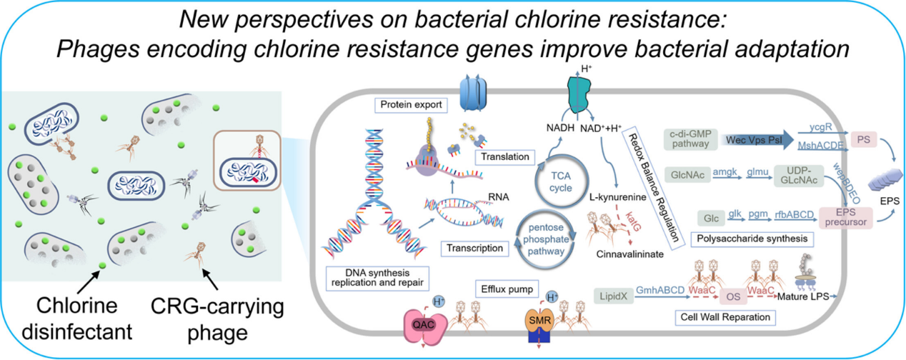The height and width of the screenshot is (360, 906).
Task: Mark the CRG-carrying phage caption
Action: click(x=218, y=319)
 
